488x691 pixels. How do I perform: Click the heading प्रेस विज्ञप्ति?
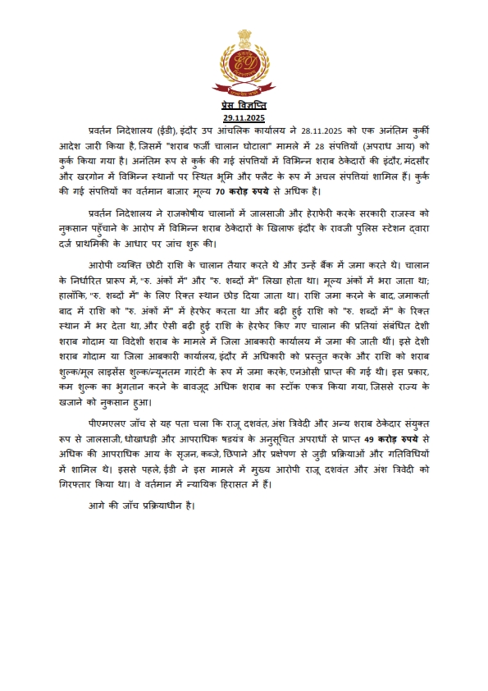coord(244,108)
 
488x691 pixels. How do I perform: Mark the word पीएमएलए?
coord(112,426)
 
